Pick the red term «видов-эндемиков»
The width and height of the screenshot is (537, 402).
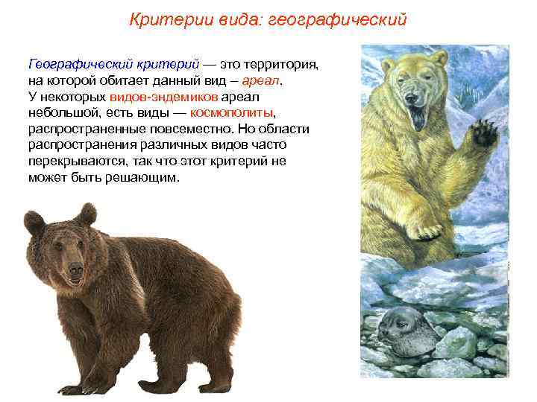164,97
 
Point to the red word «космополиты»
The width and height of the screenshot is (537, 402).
232,112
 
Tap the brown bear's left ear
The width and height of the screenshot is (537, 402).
34,221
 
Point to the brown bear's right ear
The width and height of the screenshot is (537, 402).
87,214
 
